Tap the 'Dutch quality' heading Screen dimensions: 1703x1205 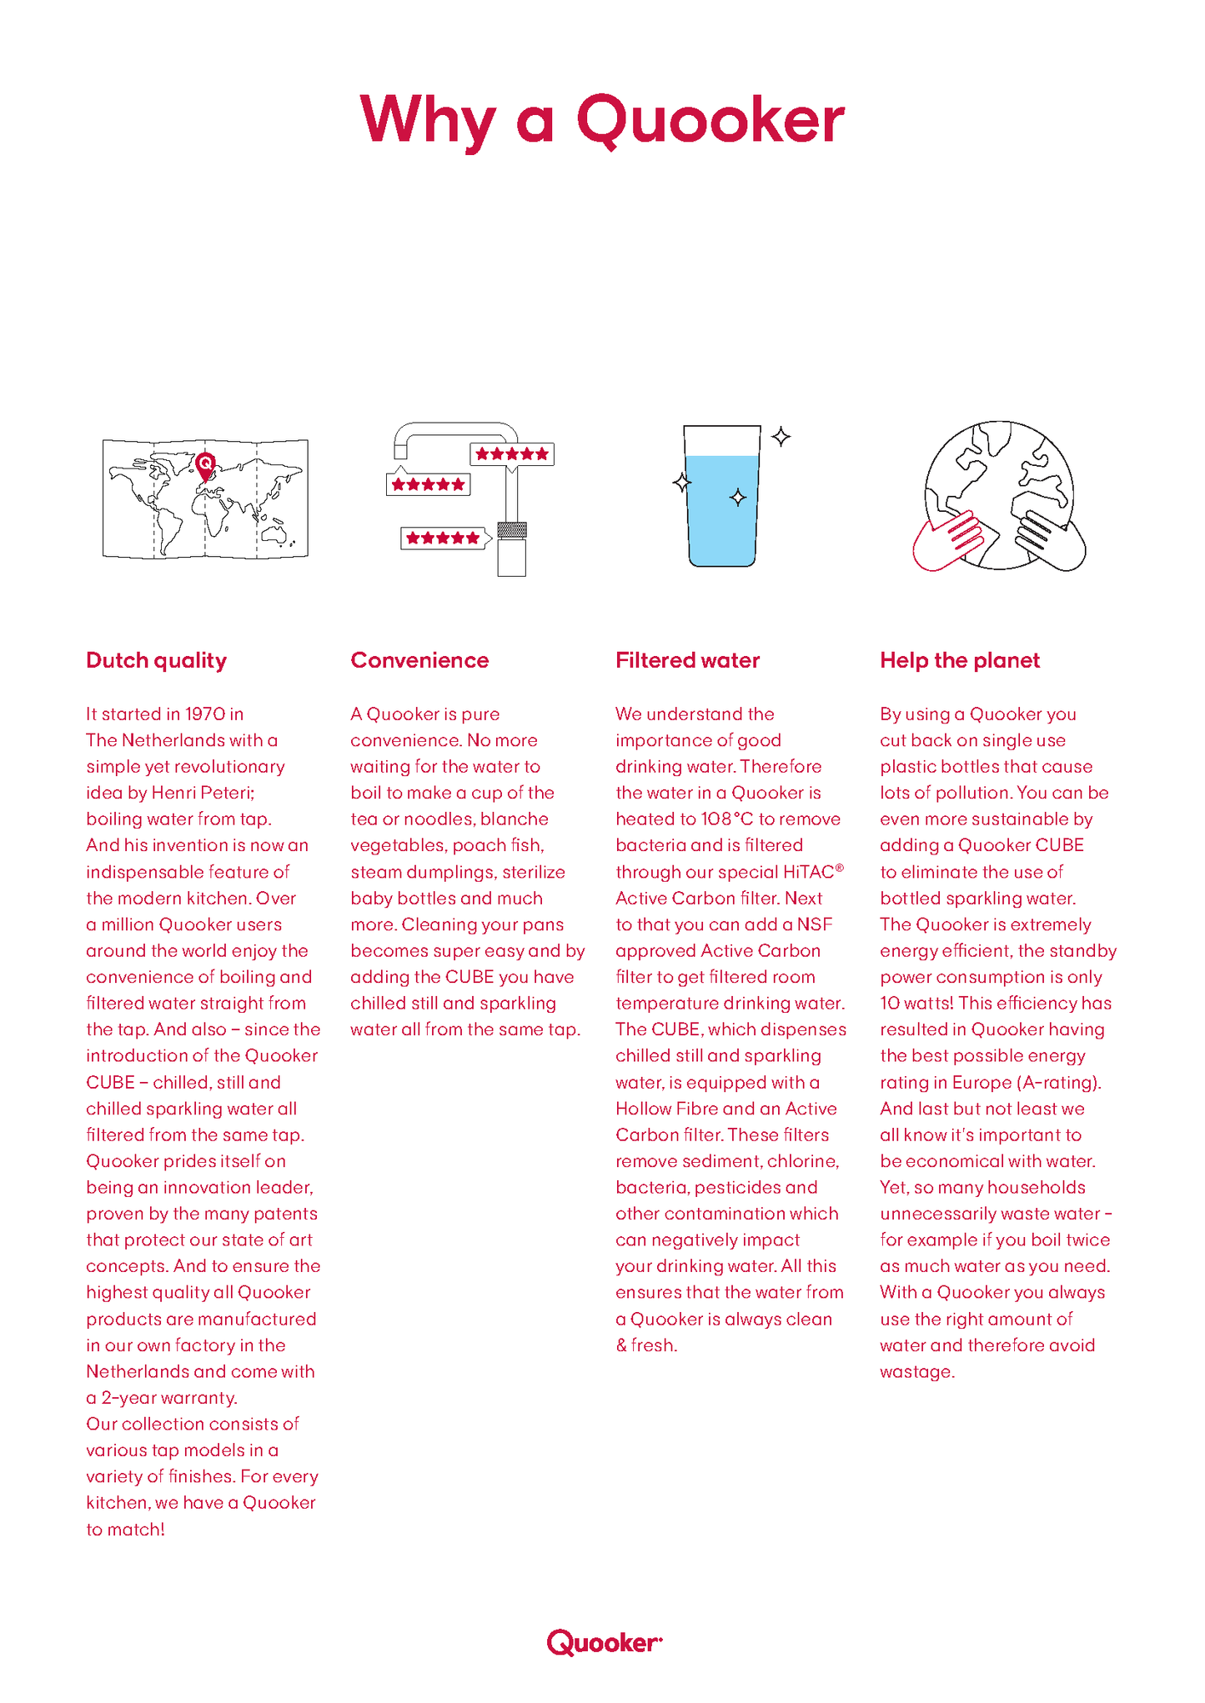[x=156, y=660]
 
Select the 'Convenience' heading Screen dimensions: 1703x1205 [x=419, y=660]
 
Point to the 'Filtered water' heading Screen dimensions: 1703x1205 [x=687, y=660]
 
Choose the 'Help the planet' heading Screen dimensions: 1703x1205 [x=960, y=660]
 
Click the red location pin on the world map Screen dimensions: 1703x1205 [x=205, y=465]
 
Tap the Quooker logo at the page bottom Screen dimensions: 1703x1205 [x=604, y=1642]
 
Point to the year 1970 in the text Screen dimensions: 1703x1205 [x=205, y=714]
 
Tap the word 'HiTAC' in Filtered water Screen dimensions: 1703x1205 [x=809, y=872]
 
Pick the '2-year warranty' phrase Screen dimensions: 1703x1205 [x=169, y=1398]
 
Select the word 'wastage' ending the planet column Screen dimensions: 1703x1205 [x=915, y=1372]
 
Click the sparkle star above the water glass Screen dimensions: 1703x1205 [x=781, y=436]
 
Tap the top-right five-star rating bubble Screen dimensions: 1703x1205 [x=512, y=454]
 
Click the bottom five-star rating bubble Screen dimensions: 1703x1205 [x=444, y=538]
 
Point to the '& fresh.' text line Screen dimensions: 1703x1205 [x=646, y=1345]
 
